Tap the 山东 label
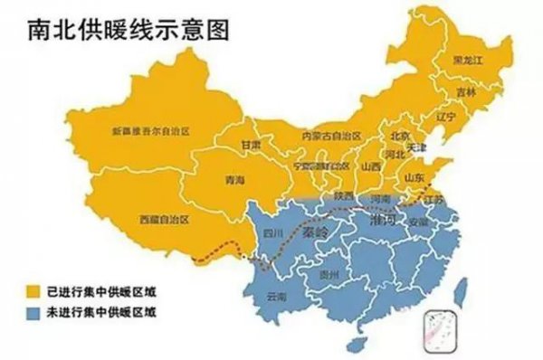point(414,177)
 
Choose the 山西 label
point(370,167)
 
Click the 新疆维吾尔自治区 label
point(150,132)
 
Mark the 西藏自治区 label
point(165,219)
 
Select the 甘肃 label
point(251,145)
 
